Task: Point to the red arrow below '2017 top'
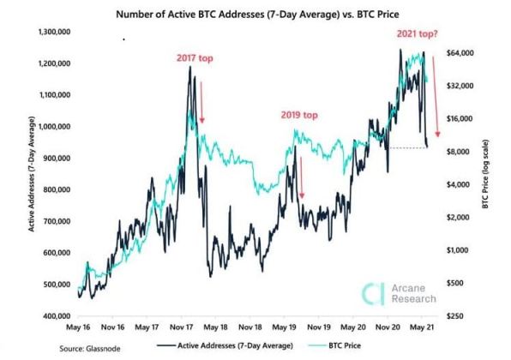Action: tap(201, 101)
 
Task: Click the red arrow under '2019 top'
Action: tap(301, 176)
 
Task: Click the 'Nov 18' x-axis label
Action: tap(251, 327)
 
